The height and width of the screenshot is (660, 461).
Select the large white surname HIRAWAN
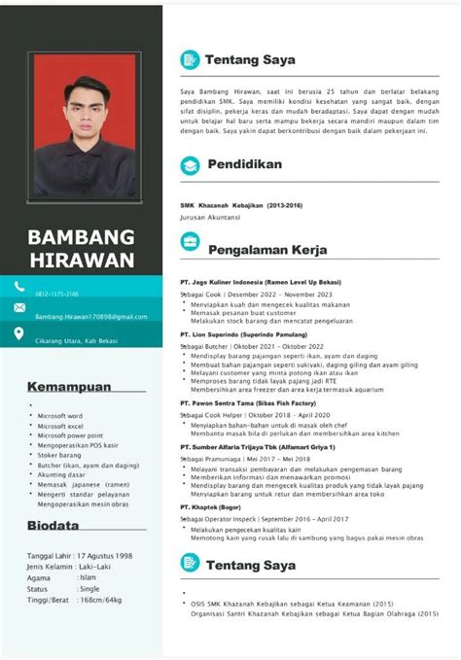tap(81, 261)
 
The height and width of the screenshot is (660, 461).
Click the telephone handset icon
tap(18, 286)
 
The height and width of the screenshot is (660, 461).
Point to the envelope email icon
tap(18, 308)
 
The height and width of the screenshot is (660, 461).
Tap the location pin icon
tap(18, 333)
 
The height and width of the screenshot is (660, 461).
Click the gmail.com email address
tap(90, 317)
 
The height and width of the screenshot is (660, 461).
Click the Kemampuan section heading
tap(69, 386)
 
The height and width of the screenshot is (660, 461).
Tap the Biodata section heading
tap(54, 526)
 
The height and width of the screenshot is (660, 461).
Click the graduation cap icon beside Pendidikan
tap(190, 166)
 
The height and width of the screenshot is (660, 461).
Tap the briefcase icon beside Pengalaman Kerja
tap(190, 250)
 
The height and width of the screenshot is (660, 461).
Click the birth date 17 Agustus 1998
tap(104, 555)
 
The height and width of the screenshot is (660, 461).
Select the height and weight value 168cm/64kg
tap(100, 599)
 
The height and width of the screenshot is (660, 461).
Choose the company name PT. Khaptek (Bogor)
tap(210, 506)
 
